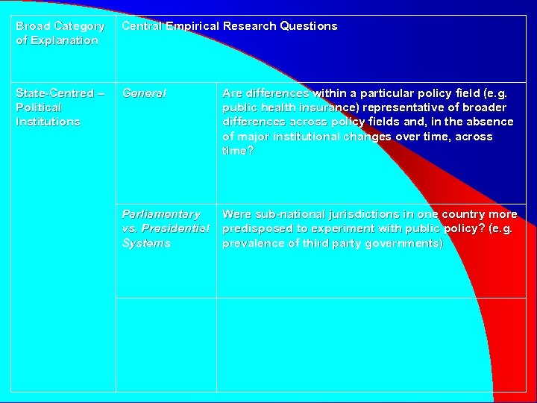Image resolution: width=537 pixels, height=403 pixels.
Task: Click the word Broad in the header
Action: coord(33,26)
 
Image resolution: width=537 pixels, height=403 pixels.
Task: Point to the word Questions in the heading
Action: coord(308,26)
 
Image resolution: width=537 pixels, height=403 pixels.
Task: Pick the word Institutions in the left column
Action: coord(48,122)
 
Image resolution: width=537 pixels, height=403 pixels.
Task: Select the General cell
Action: coord(145,93)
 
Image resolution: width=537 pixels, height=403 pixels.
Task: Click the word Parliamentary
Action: coord(161,214)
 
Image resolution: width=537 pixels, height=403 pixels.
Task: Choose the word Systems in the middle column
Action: coord(146,243)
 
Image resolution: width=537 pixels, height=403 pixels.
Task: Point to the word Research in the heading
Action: coord(249,26)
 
